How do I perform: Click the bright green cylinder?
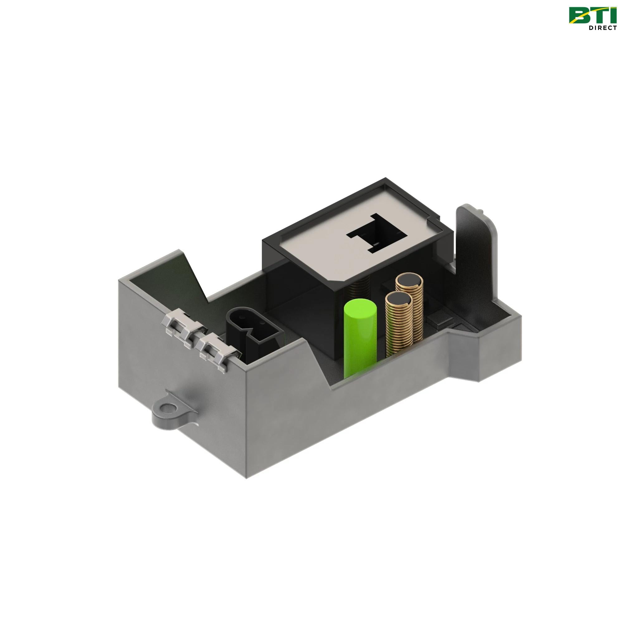(x=360, y=342)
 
